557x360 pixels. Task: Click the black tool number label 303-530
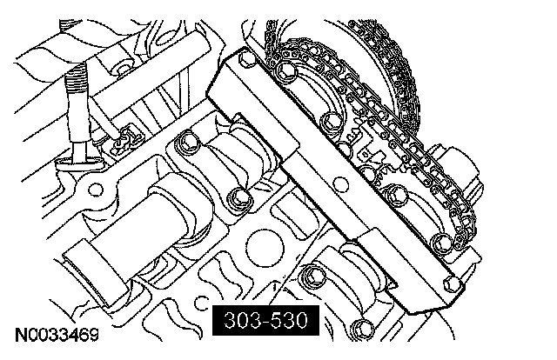(x=265, y=320)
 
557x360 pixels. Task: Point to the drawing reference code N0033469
(x=57, y=335)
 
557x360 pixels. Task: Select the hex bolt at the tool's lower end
(x=453, y=284)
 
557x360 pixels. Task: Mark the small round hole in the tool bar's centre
(x=341, y=183)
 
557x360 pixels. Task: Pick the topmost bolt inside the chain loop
(x=286, y=71)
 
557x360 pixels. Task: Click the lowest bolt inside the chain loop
(x=442, y=243)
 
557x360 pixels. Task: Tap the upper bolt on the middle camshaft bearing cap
(x=187, y=142)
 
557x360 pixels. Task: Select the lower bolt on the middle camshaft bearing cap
(x=240, y=199)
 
